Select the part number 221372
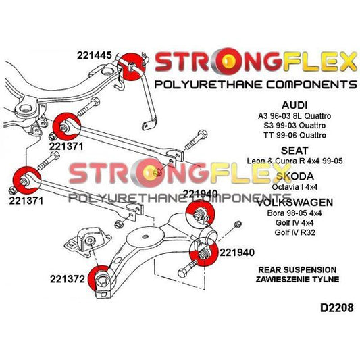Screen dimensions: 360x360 tap(68, 277)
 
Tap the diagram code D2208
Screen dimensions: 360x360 tap(330, 309)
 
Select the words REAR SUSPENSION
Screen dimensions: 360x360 tap(297, 269)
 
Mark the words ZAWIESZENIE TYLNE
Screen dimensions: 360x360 tap(297, 279)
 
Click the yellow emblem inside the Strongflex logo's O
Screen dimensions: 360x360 tap(229, 63)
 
